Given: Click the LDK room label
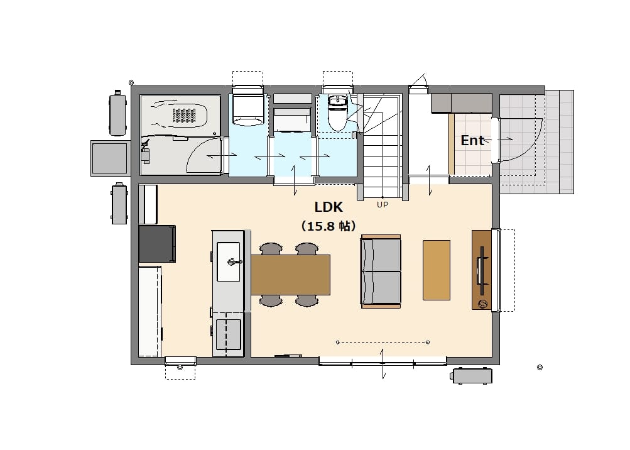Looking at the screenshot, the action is click(329, 207).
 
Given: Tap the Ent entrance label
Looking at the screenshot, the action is click(472, 141).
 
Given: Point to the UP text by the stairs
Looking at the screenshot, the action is click(383, 205).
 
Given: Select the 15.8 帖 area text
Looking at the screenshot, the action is click(329, 226).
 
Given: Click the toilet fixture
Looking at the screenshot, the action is click(337, 113).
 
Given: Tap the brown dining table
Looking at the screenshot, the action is click(290, 275).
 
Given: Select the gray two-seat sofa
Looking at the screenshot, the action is click(381, 272).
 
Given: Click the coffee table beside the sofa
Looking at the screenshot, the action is click(437, 270).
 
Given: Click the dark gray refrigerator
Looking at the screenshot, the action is click(157, 244).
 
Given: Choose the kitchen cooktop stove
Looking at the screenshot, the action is click(228, 334).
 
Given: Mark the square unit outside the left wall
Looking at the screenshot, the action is click(109, 158).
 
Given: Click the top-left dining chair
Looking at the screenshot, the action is click(271, 248).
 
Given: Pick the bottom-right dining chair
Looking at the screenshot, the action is click(307, 300).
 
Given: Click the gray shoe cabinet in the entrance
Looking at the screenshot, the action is click(461, 103).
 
